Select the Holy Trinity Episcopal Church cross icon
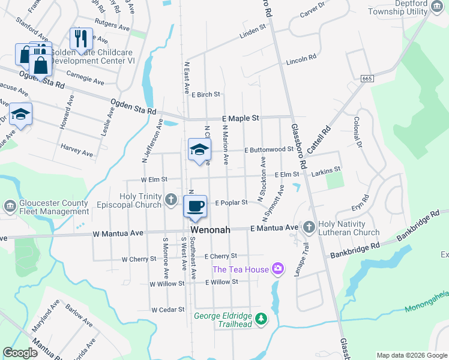pyautogui.click(x=170, y=199)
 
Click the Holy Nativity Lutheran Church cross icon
pyautogui.click(x=309, y=226)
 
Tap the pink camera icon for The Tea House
pyautogui.click(x=277, y=268)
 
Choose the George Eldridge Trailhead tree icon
pyautogui.click(x=261, y=318)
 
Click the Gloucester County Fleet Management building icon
pyautogui.click(x=9, y=206)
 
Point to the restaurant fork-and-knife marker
pyautogui.click(x=79, y=39)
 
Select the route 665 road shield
pyautogui.click(x=367, y=79)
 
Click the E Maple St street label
pyautogui.click(x=240, y=119)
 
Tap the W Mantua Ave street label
pyautogui.click(x=118, y=233)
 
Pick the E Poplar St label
pyautogui.click(x=231, y=203)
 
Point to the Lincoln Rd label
pyautogui.click(x=301, y=59)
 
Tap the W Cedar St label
pyautogui.click(x=167, y=310)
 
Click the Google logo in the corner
pyautogui.click(x=20, y=353)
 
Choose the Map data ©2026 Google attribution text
pyautogui.click(x=411, y=355)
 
